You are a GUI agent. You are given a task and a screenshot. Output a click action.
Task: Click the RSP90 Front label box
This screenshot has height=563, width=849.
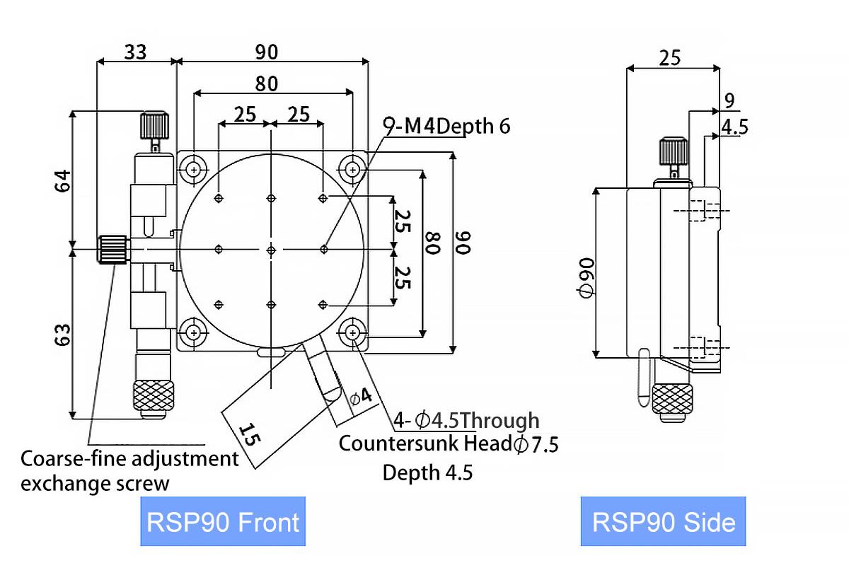pyautogui.click(x=223, y=522)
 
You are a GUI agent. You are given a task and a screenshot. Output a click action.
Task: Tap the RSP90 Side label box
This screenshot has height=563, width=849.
pyautogui.click(x=663, y=522)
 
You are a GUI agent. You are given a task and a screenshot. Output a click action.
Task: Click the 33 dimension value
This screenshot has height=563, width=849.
pyautogui.click(x=137, y=51)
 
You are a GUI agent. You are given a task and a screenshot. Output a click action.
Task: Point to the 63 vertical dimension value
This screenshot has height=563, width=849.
pyautogui.click(x=62, y=335)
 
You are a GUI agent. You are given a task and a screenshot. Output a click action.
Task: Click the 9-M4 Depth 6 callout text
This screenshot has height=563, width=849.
pyautogui.click(x=446, y=126)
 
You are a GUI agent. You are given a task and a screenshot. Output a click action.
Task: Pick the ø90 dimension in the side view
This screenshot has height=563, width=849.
pyautogui.click(x=585, y=278)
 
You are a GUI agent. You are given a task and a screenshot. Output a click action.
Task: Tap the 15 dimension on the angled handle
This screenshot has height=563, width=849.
pyautogui.click(x=248, y=432)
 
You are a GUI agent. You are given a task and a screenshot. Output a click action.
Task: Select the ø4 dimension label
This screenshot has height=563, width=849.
pyautogui.click(x=360, y=397)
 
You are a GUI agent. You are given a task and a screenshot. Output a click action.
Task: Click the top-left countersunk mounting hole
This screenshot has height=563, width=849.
pyautogui.click(x=193, y=168)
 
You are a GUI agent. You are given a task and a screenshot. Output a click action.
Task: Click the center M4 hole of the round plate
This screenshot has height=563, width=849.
pyautogui.click(x=272, y=249)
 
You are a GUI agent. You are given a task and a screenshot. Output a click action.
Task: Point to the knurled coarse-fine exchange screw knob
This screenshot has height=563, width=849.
pyautogui.click(x=112, y=249)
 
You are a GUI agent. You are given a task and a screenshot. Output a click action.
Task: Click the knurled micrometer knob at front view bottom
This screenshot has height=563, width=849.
pyautogui.click(x=154, y=395)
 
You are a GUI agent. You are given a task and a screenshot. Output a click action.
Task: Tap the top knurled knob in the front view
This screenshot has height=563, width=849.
pyautogui.click(x=155, y=125)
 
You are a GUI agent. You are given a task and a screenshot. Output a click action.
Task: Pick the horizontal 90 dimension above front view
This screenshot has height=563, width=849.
pyautogui.click(x=267, y=51)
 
